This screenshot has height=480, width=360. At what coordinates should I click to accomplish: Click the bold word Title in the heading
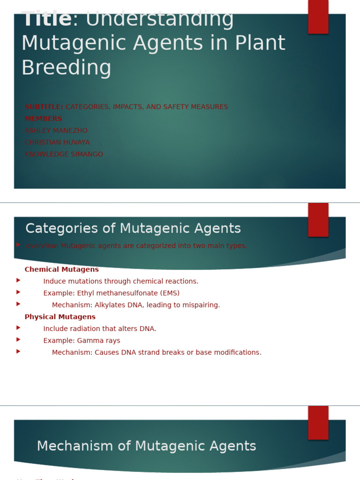click(47, 20)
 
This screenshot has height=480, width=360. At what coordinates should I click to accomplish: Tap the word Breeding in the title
click(67, 67)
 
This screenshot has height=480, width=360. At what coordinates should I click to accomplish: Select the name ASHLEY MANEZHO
click(56, 131)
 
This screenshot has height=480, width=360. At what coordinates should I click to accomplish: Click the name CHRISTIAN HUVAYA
click(57, 142)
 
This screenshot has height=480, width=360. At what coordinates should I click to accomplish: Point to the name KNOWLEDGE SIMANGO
click(64, 154)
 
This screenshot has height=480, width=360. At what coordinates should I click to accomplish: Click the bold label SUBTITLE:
click(44, 107)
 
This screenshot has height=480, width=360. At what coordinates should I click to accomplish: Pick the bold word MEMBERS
click(43, 119)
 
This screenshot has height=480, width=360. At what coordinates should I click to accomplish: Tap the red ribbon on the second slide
click(318, 219)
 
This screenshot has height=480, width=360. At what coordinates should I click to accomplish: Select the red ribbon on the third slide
click(318, 422)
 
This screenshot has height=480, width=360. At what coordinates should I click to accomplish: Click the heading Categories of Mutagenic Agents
click(133, 229)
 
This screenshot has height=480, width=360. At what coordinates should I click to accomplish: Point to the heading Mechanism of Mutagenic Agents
click(146, 446)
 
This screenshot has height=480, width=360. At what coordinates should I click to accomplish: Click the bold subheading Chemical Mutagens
click(61, 270)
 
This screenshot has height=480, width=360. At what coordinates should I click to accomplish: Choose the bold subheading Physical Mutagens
click(60, 317)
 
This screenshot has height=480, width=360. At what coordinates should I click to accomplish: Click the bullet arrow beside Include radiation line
click(18, 328)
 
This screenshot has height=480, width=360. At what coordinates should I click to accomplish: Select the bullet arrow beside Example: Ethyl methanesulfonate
click(18, 292)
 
